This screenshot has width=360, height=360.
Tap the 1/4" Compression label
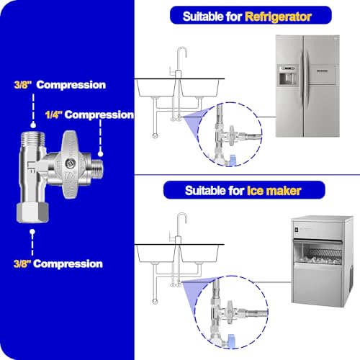(x=89, y=114)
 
